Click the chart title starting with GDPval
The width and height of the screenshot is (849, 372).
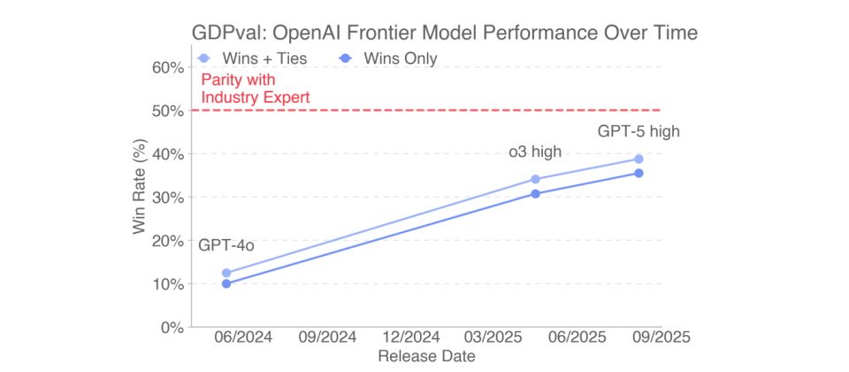point(445,34)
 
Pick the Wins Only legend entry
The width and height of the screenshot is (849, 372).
point(388,58)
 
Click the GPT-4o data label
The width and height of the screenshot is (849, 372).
point(226,245)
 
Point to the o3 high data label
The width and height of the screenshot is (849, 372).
point(534,151)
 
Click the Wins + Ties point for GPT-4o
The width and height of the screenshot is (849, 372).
point(226,273)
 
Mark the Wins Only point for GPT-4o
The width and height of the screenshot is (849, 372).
point(226,283)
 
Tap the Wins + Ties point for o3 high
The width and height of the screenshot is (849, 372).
point(535,179)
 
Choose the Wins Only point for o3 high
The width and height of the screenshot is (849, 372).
point(535,193)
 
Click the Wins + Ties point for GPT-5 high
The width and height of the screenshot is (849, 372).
point(639,159)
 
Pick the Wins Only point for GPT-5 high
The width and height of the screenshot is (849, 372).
point(639,173)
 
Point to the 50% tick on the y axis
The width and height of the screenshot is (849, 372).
point(168,111)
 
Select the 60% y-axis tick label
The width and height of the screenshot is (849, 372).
point(168,67)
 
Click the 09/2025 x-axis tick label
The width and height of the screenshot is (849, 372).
point(659,338)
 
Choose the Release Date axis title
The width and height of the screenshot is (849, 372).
point(427,357)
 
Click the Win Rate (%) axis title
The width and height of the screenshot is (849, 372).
point(140,197)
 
